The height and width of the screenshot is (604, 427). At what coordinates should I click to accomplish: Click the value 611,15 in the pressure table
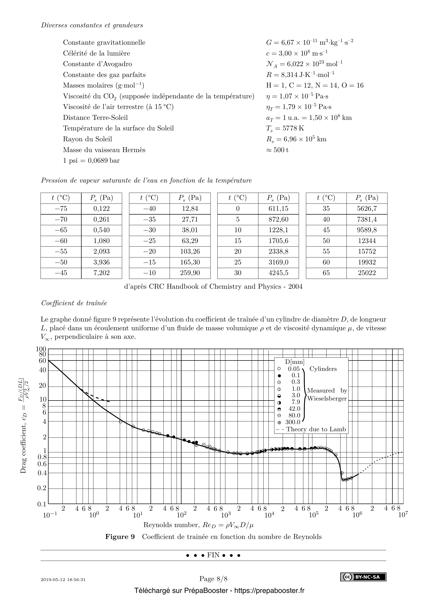pos(278,209)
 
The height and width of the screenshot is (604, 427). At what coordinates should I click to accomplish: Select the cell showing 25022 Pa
pos(367,273)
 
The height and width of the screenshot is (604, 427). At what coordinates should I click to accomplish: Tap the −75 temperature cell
pos(61,209)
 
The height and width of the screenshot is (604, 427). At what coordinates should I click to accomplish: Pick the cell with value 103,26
pos(190,252)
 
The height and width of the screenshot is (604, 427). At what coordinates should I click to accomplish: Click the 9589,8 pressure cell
pos(367,230)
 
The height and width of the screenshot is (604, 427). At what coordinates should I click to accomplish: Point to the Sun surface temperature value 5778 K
pos(285,128)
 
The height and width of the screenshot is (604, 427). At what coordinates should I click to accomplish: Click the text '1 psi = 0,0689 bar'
pos(91,160)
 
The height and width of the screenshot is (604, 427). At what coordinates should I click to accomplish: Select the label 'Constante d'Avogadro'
pos(97,64)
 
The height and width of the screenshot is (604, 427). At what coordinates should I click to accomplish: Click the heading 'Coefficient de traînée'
pos(74,303)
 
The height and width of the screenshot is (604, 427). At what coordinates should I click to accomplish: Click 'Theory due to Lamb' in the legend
pos(316,429)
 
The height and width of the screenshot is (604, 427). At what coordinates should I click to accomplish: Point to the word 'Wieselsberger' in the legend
pos(327,398)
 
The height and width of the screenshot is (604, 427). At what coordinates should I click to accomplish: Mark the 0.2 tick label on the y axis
pos(42,488)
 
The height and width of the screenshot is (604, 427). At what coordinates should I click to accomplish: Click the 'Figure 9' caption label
pos(120,537)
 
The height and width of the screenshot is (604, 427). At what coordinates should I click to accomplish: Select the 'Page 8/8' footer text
pos(213,579)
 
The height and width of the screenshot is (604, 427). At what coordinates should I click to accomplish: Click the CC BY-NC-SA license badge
pos(363,577)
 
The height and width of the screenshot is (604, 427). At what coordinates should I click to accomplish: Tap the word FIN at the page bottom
pos(213,555)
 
